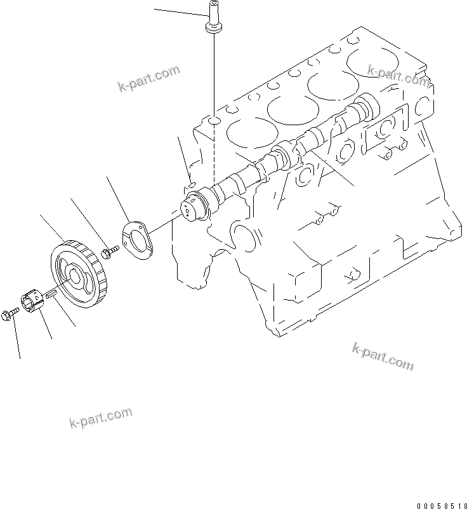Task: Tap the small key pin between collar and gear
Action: point(53,293)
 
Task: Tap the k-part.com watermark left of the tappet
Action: point(149,79)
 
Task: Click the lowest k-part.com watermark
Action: point(101,417)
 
